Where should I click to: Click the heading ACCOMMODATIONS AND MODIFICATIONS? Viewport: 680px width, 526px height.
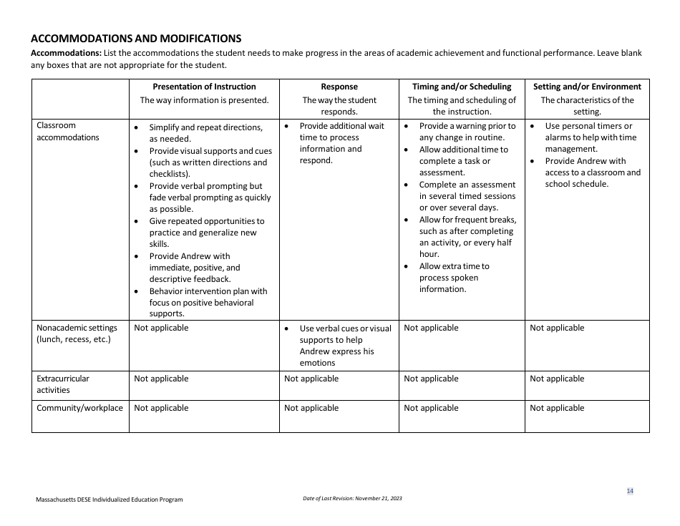coord(136,39)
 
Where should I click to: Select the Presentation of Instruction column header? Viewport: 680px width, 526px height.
coord(204,87)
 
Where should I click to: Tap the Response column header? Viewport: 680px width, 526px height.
coord(339,87)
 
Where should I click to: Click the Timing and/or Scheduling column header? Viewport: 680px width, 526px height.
coord(462,87)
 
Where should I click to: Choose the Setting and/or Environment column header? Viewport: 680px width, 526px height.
coord(587,87)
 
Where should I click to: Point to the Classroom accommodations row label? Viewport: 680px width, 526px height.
coord(68,132)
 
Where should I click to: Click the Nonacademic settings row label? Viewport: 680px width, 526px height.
coord(77,333)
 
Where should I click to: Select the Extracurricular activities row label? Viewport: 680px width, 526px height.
coord(63,384)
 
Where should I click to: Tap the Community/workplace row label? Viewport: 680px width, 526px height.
coord(79,408)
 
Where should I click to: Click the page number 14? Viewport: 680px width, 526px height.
coord(630,491)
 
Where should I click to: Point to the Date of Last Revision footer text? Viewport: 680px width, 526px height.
coord(352,498)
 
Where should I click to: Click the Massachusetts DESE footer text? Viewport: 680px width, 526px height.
coord(110,500)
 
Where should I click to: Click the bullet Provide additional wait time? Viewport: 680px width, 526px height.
coord(341,143)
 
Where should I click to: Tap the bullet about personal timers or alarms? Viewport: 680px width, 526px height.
coord(590,137)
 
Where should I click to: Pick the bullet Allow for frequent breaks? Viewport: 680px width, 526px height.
coord(467,237)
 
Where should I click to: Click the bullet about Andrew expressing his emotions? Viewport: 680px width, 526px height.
coord(345,346)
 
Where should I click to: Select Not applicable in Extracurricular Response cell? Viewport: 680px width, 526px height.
coord(311,379)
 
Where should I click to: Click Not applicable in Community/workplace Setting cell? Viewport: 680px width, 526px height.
coord(557,408)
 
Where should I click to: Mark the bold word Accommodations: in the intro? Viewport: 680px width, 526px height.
coord(66,54)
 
